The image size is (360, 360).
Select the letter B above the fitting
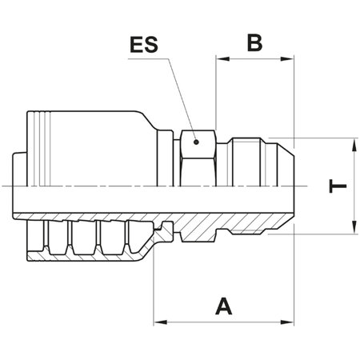pos(254,42)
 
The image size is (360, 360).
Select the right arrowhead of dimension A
pos(288,322)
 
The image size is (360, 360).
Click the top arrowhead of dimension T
pos(353,143)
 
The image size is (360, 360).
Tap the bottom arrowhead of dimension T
pos(353,229)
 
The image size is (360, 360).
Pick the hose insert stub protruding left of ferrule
pos(21,184)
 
